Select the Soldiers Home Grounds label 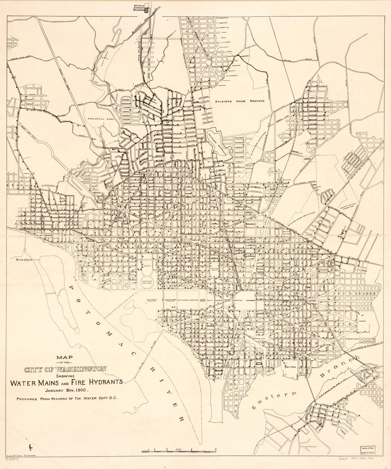[240, 101]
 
